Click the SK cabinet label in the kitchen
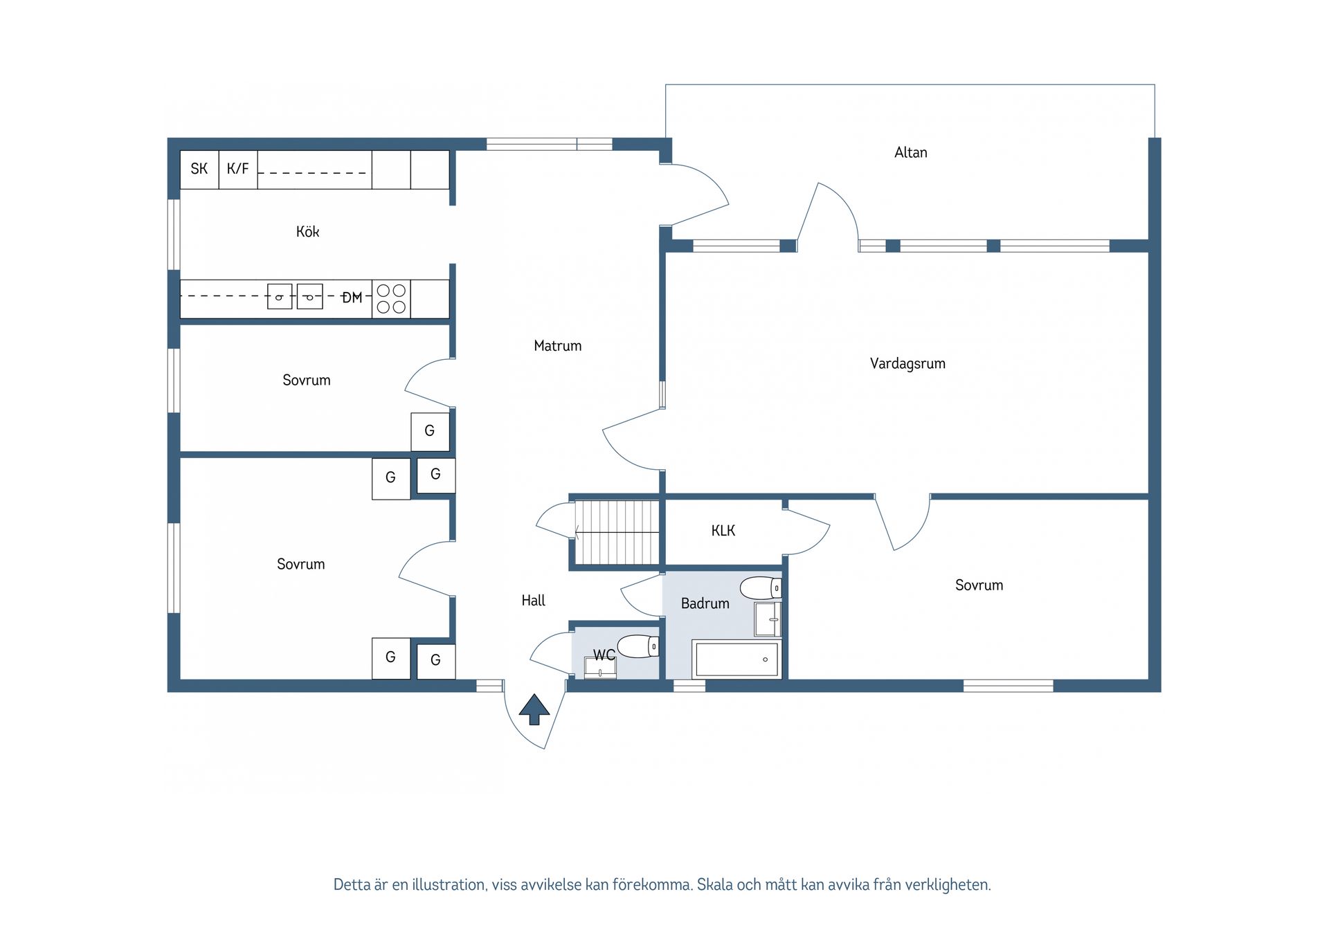point(199,169)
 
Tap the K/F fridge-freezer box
point(238,170)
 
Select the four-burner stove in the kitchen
point(391,299)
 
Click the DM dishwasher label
point(352,298)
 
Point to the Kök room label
point(308,232)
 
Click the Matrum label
point(558,346)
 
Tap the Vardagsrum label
point(907,364)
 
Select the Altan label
point(911,152)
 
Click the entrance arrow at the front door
point(534,709)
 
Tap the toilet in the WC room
point(638,646)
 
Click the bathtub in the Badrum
point(737,659)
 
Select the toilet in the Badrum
point(761,588)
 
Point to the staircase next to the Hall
point(617,532)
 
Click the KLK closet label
point(723,531)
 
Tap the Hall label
point(533,601)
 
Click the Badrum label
point(705,603)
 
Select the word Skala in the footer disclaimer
point(714,884)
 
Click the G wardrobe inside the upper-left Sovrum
point(430,432)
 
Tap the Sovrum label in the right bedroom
point(979,585)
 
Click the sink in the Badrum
point(768,619)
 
